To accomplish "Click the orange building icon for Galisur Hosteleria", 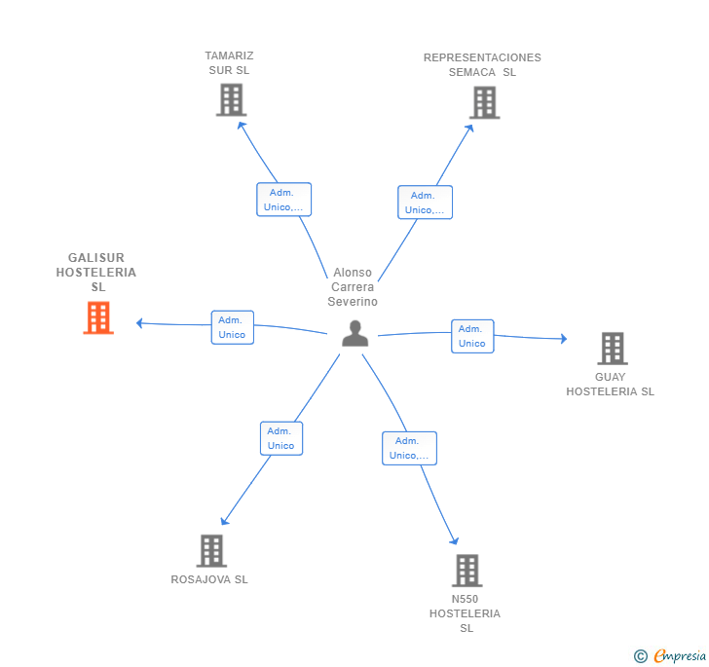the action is (x=98, y=317).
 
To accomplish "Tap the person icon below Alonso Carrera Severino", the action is (x=354, y=333).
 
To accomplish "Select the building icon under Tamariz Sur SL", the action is (x=231, y=100).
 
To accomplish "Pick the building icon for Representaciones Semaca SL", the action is (x=484, y=102).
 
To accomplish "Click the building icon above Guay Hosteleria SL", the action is (x=613, y=349).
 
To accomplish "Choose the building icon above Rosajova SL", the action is (x=211, y=551).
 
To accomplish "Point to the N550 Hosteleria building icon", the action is (x=467, y=571).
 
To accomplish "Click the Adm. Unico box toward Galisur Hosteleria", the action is (x=233, y=327).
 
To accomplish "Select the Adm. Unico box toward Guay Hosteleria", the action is (x=472, y=336).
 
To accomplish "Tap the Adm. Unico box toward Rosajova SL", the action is (x=281, y=438).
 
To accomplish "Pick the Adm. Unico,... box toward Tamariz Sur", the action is (x=284, y=200).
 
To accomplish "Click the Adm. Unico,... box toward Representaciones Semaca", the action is (x=425, y=203).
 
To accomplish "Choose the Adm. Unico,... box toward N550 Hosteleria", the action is (x=409, y=448).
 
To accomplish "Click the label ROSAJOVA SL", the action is (x=209, y=579).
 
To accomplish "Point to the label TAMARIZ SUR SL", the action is (x=229, y=63).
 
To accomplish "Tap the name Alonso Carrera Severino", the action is (x=353, y=286).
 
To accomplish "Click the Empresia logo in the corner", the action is (x=670, y=655).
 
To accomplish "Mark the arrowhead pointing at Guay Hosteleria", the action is (x=563, y=339).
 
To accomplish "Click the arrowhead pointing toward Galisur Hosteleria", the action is (x=139, y=323).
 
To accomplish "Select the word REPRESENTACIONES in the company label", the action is (x=482, y=57).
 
